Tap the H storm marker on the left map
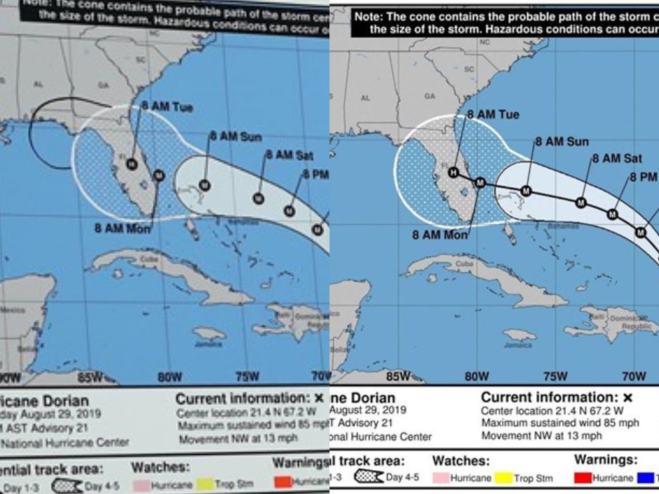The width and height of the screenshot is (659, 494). pyautogui.click(x=131, y=164)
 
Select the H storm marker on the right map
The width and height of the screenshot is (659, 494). pyautogui.click(x=454, y=173)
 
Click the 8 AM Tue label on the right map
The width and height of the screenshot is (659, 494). pyautogui.click(x=493, y=114)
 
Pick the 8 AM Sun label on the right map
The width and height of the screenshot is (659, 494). pyautogui.click(x=562, y=141)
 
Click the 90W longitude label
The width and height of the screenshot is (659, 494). pyautogui.click(x=11, y=378)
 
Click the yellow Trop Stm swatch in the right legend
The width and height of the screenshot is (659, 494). pyautogui.click(x=503, y=479)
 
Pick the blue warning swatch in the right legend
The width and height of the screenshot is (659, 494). pyautogui.click(x=646, y=479)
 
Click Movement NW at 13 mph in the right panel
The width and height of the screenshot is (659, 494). pyautogui.click(x=541, y=435)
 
